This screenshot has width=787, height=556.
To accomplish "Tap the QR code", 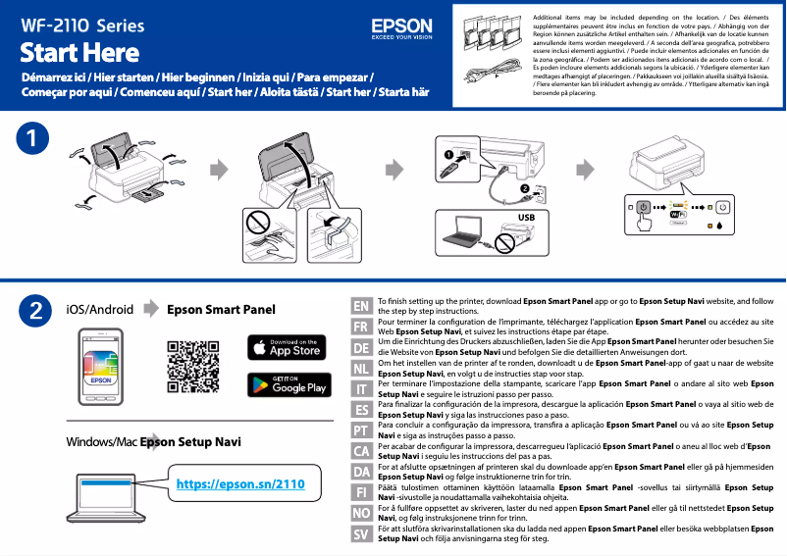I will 192,365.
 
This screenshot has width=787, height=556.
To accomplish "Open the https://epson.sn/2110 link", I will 240,483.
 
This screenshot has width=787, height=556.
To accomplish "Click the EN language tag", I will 361,307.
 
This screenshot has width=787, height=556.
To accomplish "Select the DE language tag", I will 361,348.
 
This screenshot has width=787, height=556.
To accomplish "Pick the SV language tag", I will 361,534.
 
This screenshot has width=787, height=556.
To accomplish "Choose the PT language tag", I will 361,430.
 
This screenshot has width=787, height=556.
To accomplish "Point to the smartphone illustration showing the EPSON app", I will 101,368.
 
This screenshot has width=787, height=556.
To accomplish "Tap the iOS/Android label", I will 99,310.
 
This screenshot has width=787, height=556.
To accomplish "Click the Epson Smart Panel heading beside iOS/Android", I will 221,310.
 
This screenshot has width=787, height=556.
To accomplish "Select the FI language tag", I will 361,492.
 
